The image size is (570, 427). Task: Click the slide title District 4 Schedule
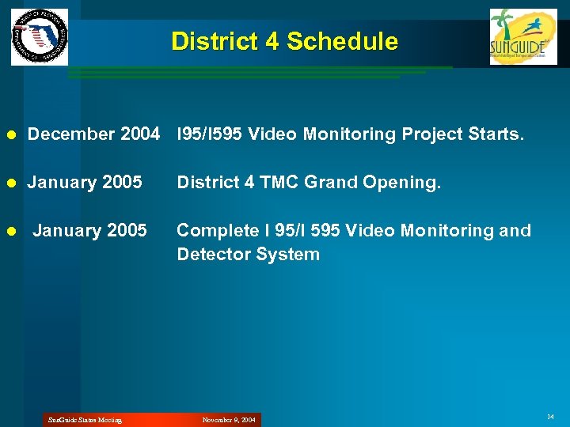(284, 41)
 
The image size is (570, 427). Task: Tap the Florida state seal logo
(40, 37)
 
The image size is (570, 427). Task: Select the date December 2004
(93, 134)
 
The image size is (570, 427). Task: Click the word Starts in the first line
(497, 134)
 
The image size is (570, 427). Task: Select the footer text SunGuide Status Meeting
(85, 420)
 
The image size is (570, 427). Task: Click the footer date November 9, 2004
(229, 420)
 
